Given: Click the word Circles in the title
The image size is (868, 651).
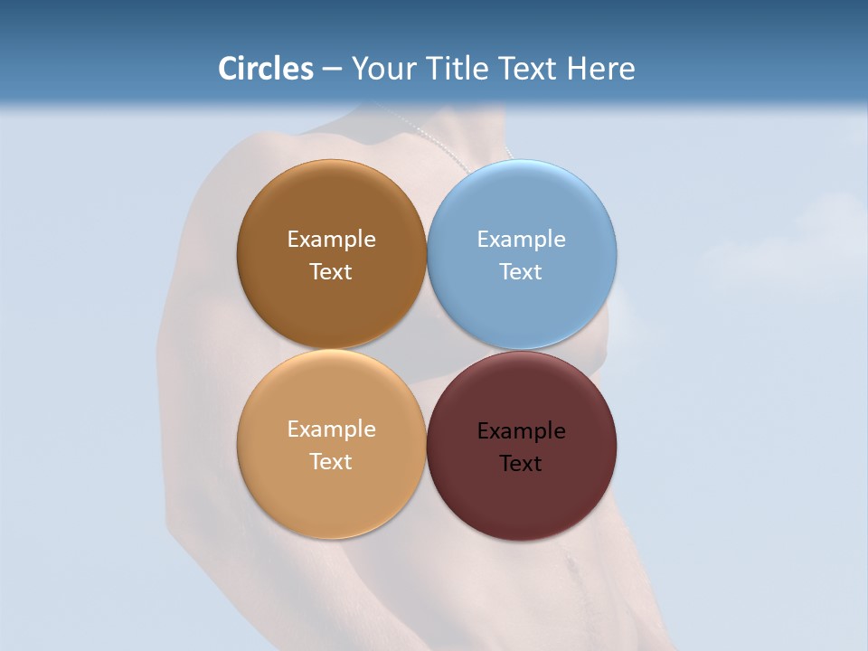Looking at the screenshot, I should (x=266, y=69).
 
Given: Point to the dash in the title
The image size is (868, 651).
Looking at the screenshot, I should (x=332, y=70).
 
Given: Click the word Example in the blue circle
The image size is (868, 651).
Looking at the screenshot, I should (x=521, y=240).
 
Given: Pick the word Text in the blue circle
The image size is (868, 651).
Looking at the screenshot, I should (x=521, y=272).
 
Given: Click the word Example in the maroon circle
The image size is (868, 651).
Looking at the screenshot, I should (x=521, y=431).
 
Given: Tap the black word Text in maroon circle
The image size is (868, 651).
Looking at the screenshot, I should (x=521, y=464).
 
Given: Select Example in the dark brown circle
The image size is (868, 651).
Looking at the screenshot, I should (x=331, y=240).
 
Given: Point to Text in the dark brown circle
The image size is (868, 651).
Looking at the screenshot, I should (x=331, y=272).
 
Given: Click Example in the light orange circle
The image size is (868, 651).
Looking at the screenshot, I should (x=331, y=429).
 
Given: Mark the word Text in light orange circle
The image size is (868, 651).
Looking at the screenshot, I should (x=331, y=462).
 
